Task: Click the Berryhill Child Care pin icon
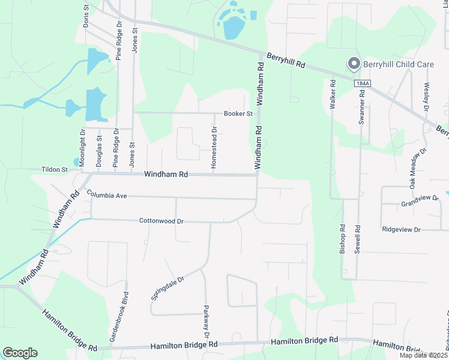(x=354, y=64)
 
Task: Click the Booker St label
(x=236, y=113)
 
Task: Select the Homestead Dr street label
(x=213, y=147)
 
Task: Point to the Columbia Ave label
(x=107, y=195)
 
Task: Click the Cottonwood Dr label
(x=161, y=221)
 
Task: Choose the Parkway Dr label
(x=206, y=321)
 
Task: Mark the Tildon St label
(x=55, y=170)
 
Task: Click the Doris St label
(x=86, y=16)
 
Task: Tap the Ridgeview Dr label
(x=402, y=229)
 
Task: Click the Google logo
(x=20, y=353)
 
